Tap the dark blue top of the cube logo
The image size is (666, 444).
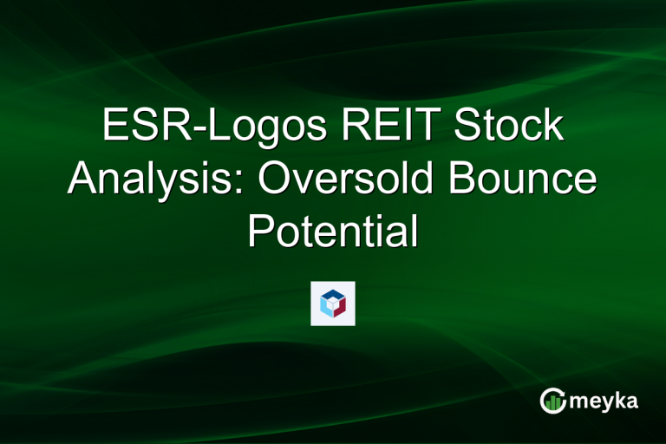tap(333, 295)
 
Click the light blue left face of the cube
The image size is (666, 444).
tap(326, 307)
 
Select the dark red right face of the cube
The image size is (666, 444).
tap(341, 307)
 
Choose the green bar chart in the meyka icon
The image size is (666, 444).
tap(552, 402)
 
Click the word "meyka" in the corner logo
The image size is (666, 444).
tap(606, 402)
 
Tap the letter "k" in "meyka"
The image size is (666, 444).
tap(621, 400)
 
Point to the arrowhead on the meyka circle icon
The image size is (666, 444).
tap(562, 392)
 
